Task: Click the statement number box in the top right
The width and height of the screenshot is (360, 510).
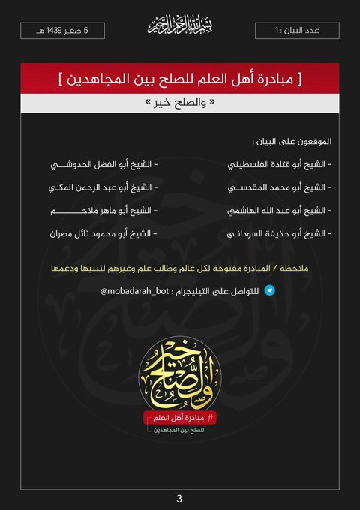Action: click(297, 31)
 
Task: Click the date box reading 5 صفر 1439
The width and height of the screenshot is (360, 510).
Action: click(62, 31)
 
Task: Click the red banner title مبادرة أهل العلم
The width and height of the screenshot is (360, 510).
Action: click(180, 78)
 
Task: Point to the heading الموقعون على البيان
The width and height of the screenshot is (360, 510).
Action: click(292, 141)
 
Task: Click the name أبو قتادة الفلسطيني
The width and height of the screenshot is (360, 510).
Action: click(278, 163)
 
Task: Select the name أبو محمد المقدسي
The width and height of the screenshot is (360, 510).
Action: click(278, 187)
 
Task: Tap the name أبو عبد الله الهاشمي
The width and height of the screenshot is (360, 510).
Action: click(278, 211)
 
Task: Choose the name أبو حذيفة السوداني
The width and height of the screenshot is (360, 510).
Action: click(278, 234)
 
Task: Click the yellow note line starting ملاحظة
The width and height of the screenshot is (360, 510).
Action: click(180, 268)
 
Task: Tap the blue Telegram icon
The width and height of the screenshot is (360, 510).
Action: click(270, 287)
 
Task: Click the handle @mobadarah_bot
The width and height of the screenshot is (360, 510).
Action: click(130, 288)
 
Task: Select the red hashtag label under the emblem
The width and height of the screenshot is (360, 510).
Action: click(180, 417)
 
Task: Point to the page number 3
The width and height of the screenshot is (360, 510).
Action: click(179, 498)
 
